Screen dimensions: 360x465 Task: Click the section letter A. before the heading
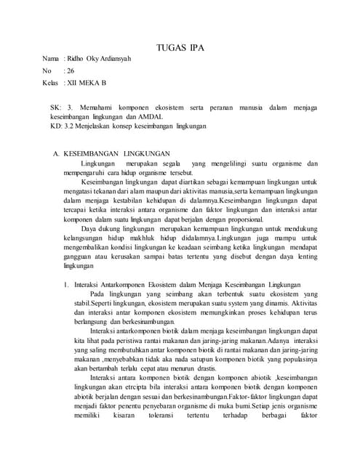click(54, 154)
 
